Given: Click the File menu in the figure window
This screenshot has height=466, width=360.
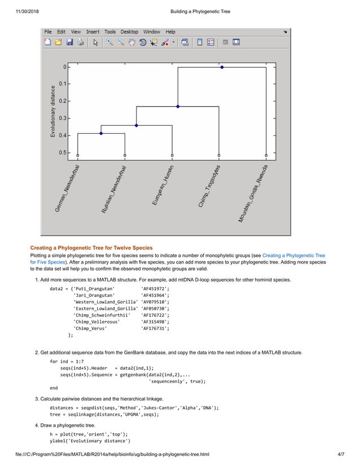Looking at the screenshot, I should [48, 32].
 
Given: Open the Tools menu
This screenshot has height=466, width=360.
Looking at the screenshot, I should [109, 32].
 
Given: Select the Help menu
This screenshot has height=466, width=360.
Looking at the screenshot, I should [170, 32].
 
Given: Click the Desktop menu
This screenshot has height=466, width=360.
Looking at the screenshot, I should [129, 32].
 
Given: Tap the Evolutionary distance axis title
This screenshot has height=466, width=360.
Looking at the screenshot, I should [53, 111].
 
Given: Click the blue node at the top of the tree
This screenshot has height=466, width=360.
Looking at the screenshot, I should [222, 67].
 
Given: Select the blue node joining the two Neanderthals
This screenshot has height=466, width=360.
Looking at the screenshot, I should [101, 133].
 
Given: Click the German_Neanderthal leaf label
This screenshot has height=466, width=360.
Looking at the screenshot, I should [67, 189].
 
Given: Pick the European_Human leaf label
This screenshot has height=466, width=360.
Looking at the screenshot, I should [163, 185].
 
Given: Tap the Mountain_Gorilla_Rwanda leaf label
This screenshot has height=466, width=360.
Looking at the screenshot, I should [253, 194].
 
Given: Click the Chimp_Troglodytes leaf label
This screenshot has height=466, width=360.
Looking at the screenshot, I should [209, 187].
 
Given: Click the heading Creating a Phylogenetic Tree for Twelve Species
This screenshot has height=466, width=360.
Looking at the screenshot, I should [91, 248].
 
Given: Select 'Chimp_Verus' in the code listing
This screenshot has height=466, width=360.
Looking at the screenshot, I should [90, 328].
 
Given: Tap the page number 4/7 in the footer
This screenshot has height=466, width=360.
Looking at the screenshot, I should [340, 454].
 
